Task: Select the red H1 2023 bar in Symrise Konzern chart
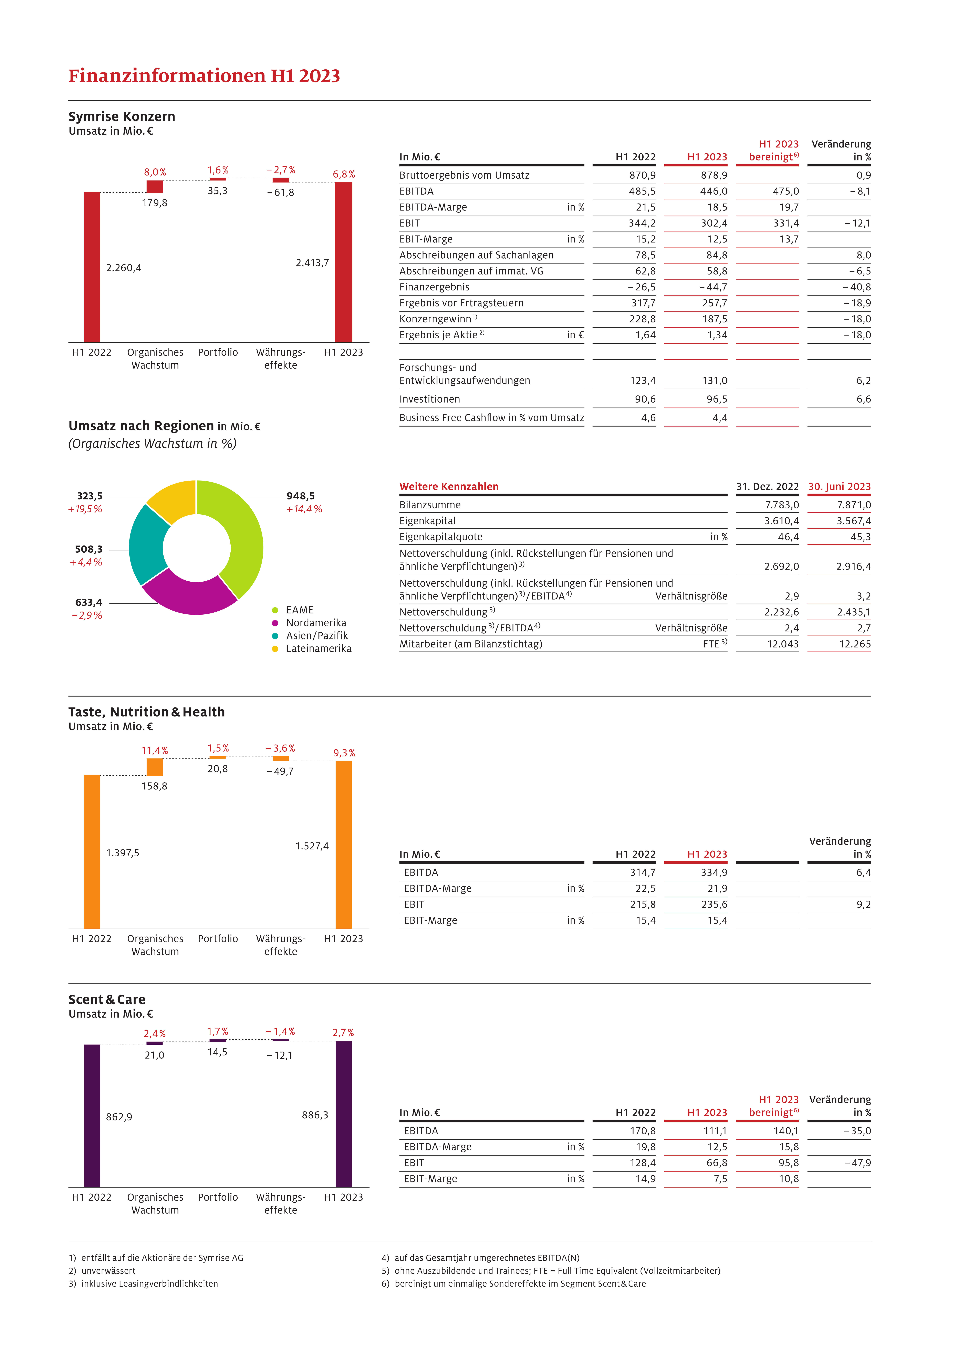pyautogui.click(x=344, y=262)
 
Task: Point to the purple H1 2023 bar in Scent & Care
pyautogui.click(x=344, y=1114)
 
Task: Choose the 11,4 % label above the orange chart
pyautogui.click(x=155, y=751)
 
